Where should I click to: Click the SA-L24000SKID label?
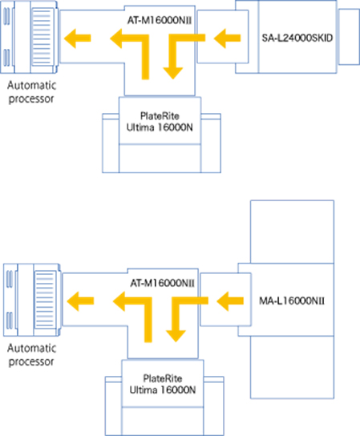[x=297, y=38]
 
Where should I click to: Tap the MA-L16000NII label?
[x=292, y=301]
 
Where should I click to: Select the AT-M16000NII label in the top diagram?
[x=160, y=20]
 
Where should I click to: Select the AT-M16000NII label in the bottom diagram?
[x=163, y=283]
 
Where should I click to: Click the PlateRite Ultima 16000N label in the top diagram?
[x=160, y=122]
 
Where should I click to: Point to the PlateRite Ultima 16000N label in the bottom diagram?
[x=163, y=384]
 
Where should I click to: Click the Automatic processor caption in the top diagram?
[x=31, y=91]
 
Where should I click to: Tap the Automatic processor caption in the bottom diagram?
[x=31, y=354]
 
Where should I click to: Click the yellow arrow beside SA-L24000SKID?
[x=227, y=38]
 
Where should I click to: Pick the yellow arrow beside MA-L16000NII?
[x=230, y=301]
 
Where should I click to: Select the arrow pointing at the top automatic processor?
[x=77, y=38]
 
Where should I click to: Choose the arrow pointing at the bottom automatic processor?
[x=80, y=301]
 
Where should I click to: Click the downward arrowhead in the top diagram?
[x=172, y=73]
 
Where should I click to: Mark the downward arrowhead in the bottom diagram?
[x=176, y=336]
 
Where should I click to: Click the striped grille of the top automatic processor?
[x=42, y=37]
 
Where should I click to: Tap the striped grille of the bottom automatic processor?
[x=45, y=300]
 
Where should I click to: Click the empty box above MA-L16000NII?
[x=292, y=232]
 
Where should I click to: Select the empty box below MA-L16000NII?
[x=292, y=367]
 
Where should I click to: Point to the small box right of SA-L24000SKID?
[x=349, y=37]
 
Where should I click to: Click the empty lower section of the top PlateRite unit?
[x=160, y=158]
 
